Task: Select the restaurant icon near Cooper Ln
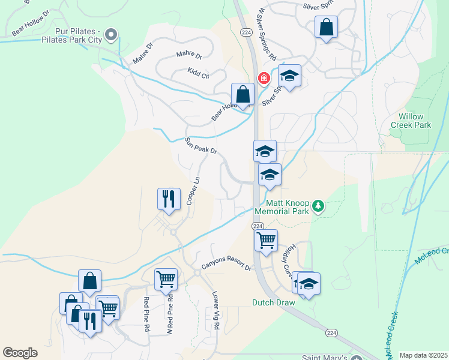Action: tap(169, 199)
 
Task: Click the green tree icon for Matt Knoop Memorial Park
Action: tap(318, 207)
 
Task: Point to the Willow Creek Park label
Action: tap(411, 121)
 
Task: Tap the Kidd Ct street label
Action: tap(197, 74)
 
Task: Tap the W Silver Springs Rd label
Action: tap(267, 42)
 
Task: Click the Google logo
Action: tap(20, 353)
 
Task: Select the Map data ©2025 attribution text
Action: tap(424, 355)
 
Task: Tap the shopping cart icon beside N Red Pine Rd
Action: tap(166, 278)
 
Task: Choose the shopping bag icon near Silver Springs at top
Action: tap(326, 27)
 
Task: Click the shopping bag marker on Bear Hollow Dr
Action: tap(243, 94)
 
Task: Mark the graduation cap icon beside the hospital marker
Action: tap(289, 76)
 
